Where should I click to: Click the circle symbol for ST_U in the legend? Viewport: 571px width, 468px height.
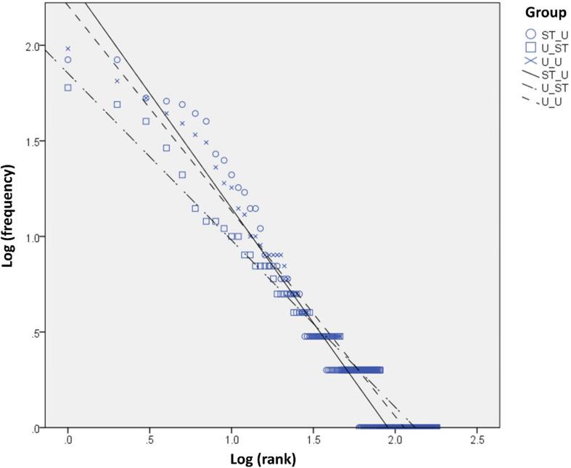[x=530, y=33]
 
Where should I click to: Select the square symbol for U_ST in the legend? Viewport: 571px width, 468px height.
[x=530, y=47]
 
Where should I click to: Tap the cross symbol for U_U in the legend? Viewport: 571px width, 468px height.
[x=530, y=61]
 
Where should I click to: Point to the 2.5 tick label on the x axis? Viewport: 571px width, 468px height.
[x=477, y=440]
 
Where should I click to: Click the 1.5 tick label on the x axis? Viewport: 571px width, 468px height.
[x=313, y=440]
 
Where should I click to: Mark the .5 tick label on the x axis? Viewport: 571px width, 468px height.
[x=149, y=440]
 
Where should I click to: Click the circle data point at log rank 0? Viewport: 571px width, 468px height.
[x=68, y=60]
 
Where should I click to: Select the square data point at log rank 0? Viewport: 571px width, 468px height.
[x=68, y=87]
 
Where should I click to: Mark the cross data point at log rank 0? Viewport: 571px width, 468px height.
[x=68, y=49]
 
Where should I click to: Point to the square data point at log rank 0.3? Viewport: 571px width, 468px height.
[x=117, y=104]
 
